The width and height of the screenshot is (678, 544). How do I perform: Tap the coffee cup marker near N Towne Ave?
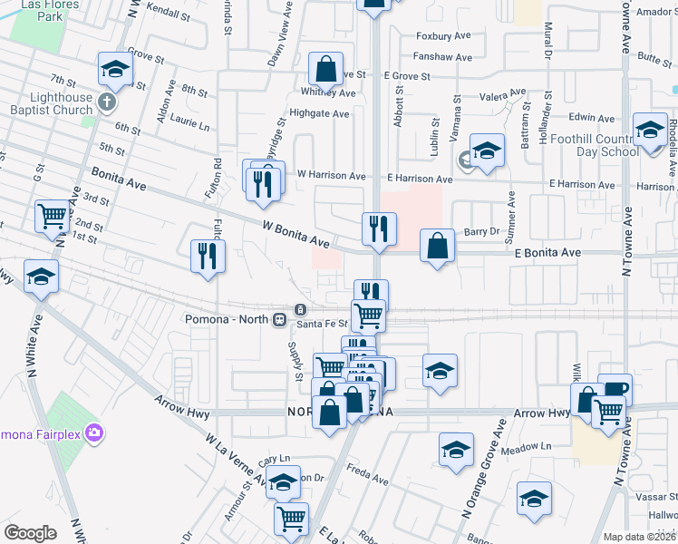pyautogui.click(x=615, y=389)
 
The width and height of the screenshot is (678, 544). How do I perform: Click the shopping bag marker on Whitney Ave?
pyautogui.click(x=325, y=69)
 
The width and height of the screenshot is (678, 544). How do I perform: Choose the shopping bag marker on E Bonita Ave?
pyautogui.click(x=438, y=246)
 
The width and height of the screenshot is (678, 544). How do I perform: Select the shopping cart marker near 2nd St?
pyautogui.click(x=53, y=217)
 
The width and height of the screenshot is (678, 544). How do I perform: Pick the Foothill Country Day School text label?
pyautogui.click(x=601, y=145)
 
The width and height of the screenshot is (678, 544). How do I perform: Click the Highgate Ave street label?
pyautogui.click(x=319, y=114)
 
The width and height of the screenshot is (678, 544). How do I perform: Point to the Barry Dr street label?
pyautogui.click(x=482, y=231)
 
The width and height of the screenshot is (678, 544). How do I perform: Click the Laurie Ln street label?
pyautogui.click(x=190, y=121)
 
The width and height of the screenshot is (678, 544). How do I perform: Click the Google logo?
pyautogui.click(x=30, y=532)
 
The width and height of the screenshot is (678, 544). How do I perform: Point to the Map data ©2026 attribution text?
pyautogui.click(x=639, y=537)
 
